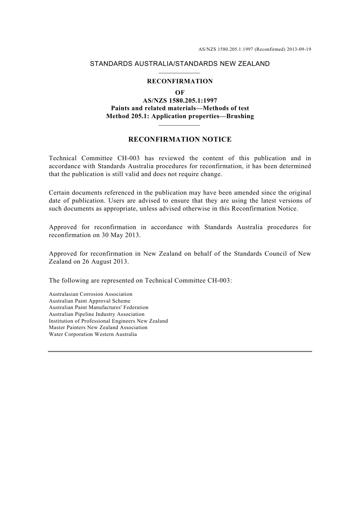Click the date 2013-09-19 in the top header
pyautogui.click(x=299, y=49)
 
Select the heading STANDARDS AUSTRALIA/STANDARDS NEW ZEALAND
pyautogui.click(x=180, y=64)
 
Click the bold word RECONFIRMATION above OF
pyautogui.click(x=180, y=81)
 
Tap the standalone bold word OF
pyautogui.click(x=180, y=93)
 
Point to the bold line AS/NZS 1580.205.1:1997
pyautogui.click(x=180, y=101)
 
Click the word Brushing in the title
pyautogui.click(x=240, y=116)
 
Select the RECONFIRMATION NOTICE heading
pyautogui.click(x=180, y=139)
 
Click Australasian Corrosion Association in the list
pyautogui.click(x=91, y=294)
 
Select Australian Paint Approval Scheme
pyautogui.click(x=89, y=301)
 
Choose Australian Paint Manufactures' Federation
pyautogui.click(x=99, y=308)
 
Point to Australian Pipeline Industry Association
pyautogui.click(x=97, y=314)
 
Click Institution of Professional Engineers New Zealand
pyautogui.click(x=108, y=321)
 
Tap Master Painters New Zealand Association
pyautogui.click(x=98, y=328)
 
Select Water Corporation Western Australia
pyautogui.click(x=93, y=334)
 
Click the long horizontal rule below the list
pyautogui.click(x=180, y=351)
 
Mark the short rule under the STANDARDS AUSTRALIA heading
pyautogui.click(x=179, y=73)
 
